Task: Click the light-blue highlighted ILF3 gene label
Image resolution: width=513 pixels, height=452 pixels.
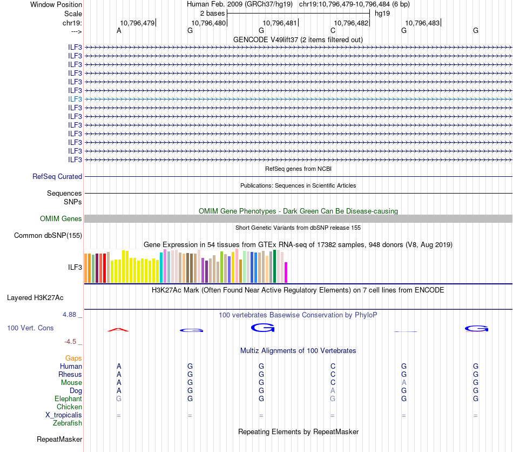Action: click(x=75, y=99)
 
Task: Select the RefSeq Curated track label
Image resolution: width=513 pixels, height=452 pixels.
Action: click(x=57, y=176)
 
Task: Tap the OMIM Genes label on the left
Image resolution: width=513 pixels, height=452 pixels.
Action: click(x=61, y=219)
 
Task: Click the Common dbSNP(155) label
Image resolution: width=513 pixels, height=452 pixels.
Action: click(x=48, y=235)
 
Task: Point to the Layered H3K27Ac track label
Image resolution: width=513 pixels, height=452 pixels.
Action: click(x=35, y=297)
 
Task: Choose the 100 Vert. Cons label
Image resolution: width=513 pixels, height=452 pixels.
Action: click(x=30, y=328)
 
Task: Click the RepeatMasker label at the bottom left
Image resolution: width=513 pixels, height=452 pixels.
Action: click(x=59, y=439)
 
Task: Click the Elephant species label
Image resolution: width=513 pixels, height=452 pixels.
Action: click(x=68, y=398)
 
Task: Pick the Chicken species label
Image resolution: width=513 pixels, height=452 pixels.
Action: click(x=69, y=407)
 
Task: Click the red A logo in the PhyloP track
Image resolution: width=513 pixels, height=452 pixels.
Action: click(x=119, y=329)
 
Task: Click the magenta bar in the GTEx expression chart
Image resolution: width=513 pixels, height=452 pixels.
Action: click(x=286, y=272)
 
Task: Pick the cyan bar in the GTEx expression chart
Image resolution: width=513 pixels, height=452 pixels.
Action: click(x=161, y=268)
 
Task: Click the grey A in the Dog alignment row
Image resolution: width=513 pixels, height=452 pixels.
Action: click(x=333, y=390)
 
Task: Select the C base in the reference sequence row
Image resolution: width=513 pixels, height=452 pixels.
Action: click(x=333, y=30)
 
